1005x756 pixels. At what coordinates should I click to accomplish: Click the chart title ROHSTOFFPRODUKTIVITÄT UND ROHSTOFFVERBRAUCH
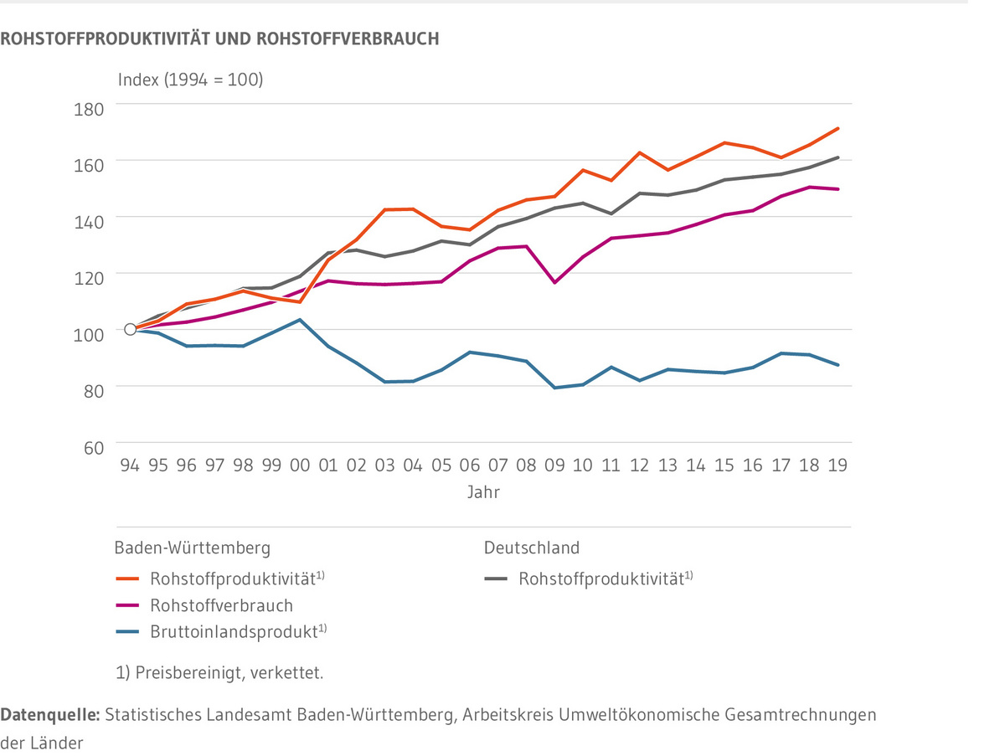(219, 39)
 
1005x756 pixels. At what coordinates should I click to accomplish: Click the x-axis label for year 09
(554, 465)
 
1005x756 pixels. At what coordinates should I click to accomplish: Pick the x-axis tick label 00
(299, 465)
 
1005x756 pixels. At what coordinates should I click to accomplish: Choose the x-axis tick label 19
(837, 465)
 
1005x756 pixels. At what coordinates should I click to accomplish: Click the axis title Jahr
(483, 492)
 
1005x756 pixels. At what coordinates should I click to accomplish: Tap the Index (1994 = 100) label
(190, 80)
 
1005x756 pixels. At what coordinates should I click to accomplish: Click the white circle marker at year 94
(130, 329)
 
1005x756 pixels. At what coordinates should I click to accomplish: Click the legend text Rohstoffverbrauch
(221, 604)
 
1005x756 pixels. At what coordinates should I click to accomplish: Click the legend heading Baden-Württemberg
(193, 548)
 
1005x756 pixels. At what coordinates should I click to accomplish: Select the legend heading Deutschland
(531, 548)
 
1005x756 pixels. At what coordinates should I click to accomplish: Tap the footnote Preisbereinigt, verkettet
(219, 672)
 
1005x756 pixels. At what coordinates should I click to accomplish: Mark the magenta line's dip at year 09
(554, 282)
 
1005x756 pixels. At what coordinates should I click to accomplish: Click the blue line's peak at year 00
(299, 320)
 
